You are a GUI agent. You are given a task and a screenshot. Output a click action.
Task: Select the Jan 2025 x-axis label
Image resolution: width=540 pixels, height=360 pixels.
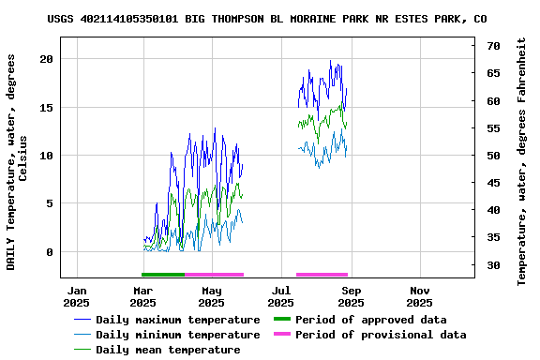point(76,296)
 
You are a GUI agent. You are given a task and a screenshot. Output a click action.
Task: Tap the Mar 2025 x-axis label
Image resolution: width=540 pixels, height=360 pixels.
point(142,296)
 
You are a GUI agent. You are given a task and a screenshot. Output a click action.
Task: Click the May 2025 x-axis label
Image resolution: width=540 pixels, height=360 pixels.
point(212,296)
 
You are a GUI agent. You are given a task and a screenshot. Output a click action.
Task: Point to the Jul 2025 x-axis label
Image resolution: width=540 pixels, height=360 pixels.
point(281,296)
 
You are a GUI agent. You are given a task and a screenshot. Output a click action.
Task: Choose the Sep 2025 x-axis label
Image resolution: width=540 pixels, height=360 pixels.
point(351,296)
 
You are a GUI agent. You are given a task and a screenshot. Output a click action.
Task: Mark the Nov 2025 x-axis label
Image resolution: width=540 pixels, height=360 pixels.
point(420,296)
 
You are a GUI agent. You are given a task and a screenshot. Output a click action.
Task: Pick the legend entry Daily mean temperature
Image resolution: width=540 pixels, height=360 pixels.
point(168,350)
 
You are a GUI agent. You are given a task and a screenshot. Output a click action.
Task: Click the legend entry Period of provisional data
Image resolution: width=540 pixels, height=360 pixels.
point(381,335)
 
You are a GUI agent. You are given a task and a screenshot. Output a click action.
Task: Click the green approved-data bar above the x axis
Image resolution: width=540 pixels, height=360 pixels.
point(163,275)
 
